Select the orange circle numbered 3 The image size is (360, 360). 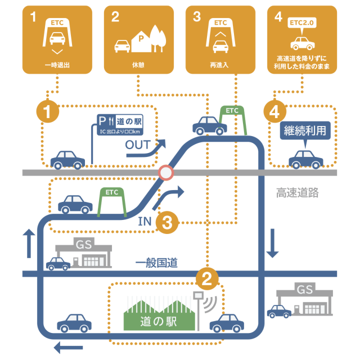(x=167, y=223)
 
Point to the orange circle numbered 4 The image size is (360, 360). (x=274, y=111)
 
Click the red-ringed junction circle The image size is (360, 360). (x=166, y=173)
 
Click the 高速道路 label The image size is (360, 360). (x=298, y=193)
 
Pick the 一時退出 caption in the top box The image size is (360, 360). (x=57, y=65)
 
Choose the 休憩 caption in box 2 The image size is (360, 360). (x=138, y=65)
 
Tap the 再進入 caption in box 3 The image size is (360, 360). (x=220, y=65)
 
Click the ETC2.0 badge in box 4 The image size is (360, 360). (x=302, y=22)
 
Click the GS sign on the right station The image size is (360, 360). (x=304, y=290)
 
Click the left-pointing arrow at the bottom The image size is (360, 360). (x=68, y=346)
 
